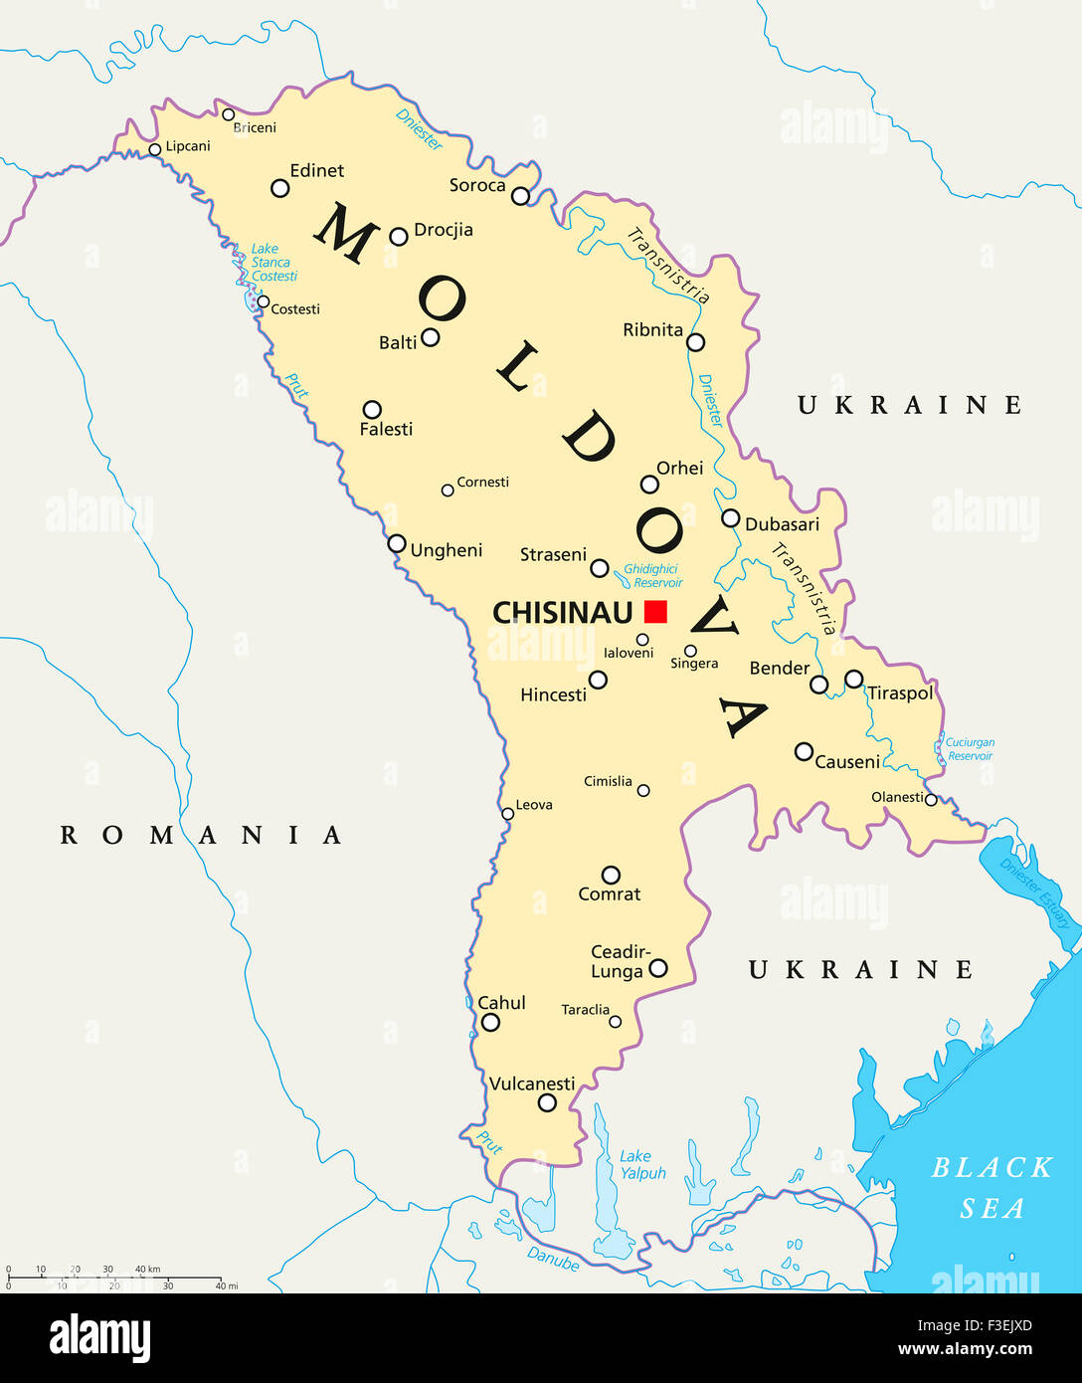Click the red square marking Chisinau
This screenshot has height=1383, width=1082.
(655, 612)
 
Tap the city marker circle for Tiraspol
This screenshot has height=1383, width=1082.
(854, 679)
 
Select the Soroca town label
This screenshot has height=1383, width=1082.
(477, 185)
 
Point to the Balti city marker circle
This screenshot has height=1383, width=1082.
(431, 337)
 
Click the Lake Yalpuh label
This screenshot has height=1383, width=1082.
(642, 1165)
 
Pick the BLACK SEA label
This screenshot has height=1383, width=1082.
(992, 1187)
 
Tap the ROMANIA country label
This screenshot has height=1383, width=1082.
(201, 835)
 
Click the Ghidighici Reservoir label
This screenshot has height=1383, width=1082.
(652, 576)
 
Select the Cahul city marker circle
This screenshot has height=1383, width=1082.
(490, 1022)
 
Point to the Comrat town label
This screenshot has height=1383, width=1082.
(610, 894)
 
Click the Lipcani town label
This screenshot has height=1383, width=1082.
(188, 146)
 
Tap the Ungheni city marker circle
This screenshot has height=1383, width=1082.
(397, 543)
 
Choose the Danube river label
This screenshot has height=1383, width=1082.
(553, 1260)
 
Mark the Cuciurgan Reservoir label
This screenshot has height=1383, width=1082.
(970, 749)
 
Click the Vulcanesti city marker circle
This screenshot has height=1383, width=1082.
(547, 1102)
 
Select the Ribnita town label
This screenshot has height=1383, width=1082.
(652, 330)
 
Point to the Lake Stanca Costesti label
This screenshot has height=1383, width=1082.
(271, 263)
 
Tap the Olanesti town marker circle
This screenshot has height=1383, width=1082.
(931, 799)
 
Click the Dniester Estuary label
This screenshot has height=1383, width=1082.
(1035, 892)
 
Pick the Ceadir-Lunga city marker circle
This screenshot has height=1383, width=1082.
(658, 968)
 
